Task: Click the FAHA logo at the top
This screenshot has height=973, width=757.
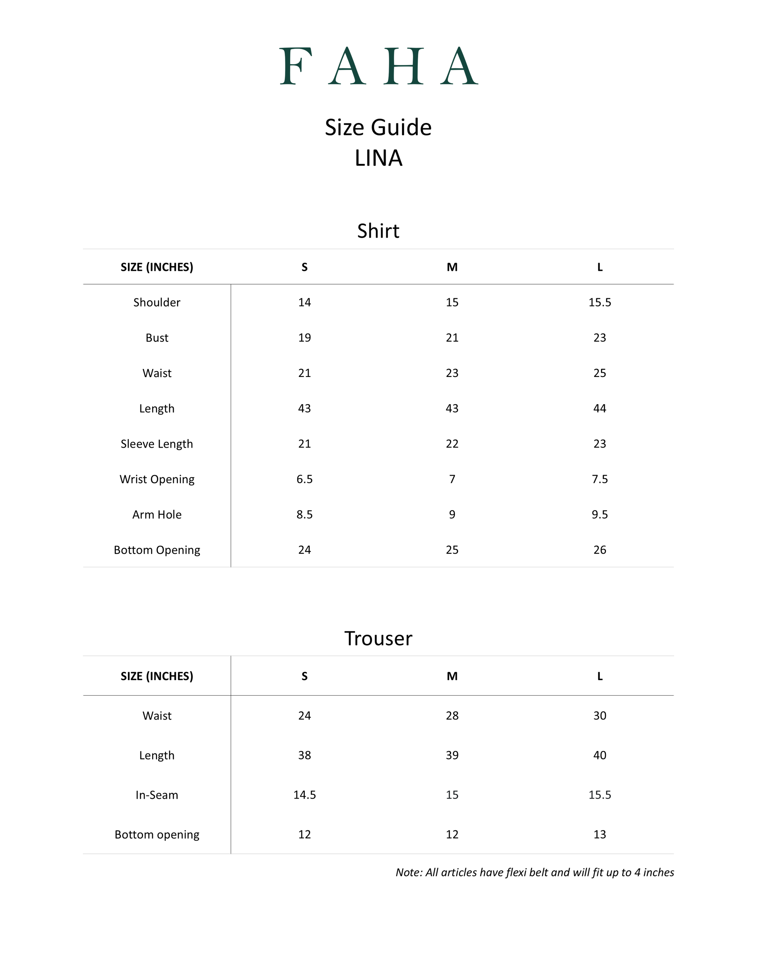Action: click(x=378, y=66)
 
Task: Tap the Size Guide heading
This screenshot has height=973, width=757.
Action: click(x=378, y=128)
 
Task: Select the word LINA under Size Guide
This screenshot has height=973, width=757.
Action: click(x=378, y=158)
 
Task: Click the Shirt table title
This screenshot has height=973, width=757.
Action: click(x=378, y=231)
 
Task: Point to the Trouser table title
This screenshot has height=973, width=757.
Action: click(x=378, y=638)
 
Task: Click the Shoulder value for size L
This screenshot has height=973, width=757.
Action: click(x=600, y=302)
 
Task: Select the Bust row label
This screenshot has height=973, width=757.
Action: click(x=157, y=338)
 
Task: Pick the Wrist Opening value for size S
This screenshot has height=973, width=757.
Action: click(x=305, y=479)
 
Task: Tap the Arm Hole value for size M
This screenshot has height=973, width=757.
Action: click(x=452, y=515)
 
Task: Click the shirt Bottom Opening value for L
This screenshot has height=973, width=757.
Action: click(x=600, y=550)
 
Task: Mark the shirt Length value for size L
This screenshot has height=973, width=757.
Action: click(x=600, y=408)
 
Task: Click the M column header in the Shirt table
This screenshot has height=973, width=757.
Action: click(x=452, y=267)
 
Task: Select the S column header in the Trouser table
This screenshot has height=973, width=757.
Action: click(x=305, y=676)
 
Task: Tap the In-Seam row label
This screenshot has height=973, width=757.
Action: click(x=157, y=795)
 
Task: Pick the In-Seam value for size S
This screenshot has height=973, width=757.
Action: click(x=305, y=795)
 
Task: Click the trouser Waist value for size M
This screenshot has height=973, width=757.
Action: click(x=452, y=716)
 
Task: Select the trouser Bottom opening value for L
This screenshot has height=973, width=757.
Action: click(x=600, y=834)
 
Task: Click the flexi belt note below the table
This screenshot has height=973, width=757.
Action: click(x=535, y=872)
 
